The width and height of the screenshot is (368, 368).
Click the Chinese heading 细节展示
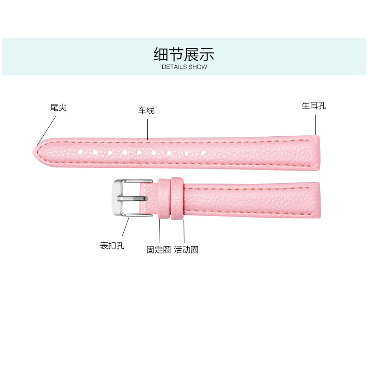pyautogui.click(x=184, y=54)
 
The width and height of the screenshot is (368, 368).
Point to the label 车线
pyautogui.click(x=147, y=110)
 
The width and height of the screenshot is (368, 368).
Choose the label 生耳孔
pyautogui.click(x=314, y=106)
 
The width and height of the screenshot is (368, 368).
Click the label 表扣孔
pyautogui.click(x=112, y=245)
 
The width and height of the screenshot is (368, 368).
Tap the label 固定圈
pyautogui.click(x=158, y=250)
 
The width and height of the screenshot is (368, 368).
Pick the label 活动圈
pyautogui.click(x=186, y=250)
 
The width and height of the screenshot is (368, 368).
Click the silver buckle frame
pyautogui.click(x=119, y=198)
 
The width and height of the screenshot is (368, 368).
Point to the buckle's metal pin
pyautogui.click(x=133, y=198)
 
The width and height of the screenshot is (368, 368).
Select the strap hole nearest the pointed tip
pyautogui.click(x=80, y=151)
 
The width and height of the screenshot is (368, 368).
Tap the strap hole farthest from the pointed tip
pyautogui.click(x=203, y=152)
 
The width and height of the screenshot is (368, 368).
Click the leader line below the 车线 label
pyautogui.click(x=147, y=129)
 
